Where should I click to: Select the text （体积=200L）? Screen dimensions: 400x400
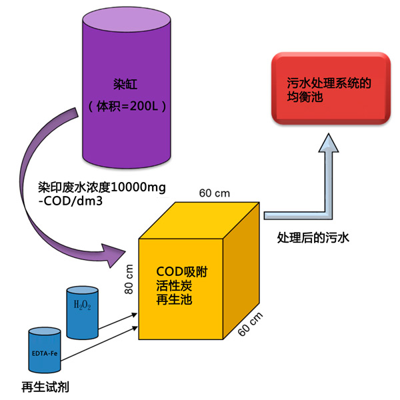[126, 106]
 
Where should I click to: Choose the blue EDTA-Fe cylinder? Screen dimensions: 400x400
[45, 349]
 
